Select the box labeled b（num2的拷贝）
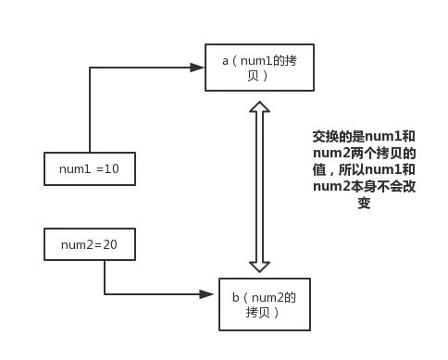point(264,304)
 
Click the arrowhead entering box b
point(211,294)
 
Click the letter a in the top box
point(225,60)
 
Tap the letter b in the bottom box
point(235,297)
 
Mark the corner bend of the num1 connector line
point(89,67)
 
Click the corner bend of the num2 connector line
point(105,294)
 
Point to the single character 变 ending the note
point(364,203)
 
